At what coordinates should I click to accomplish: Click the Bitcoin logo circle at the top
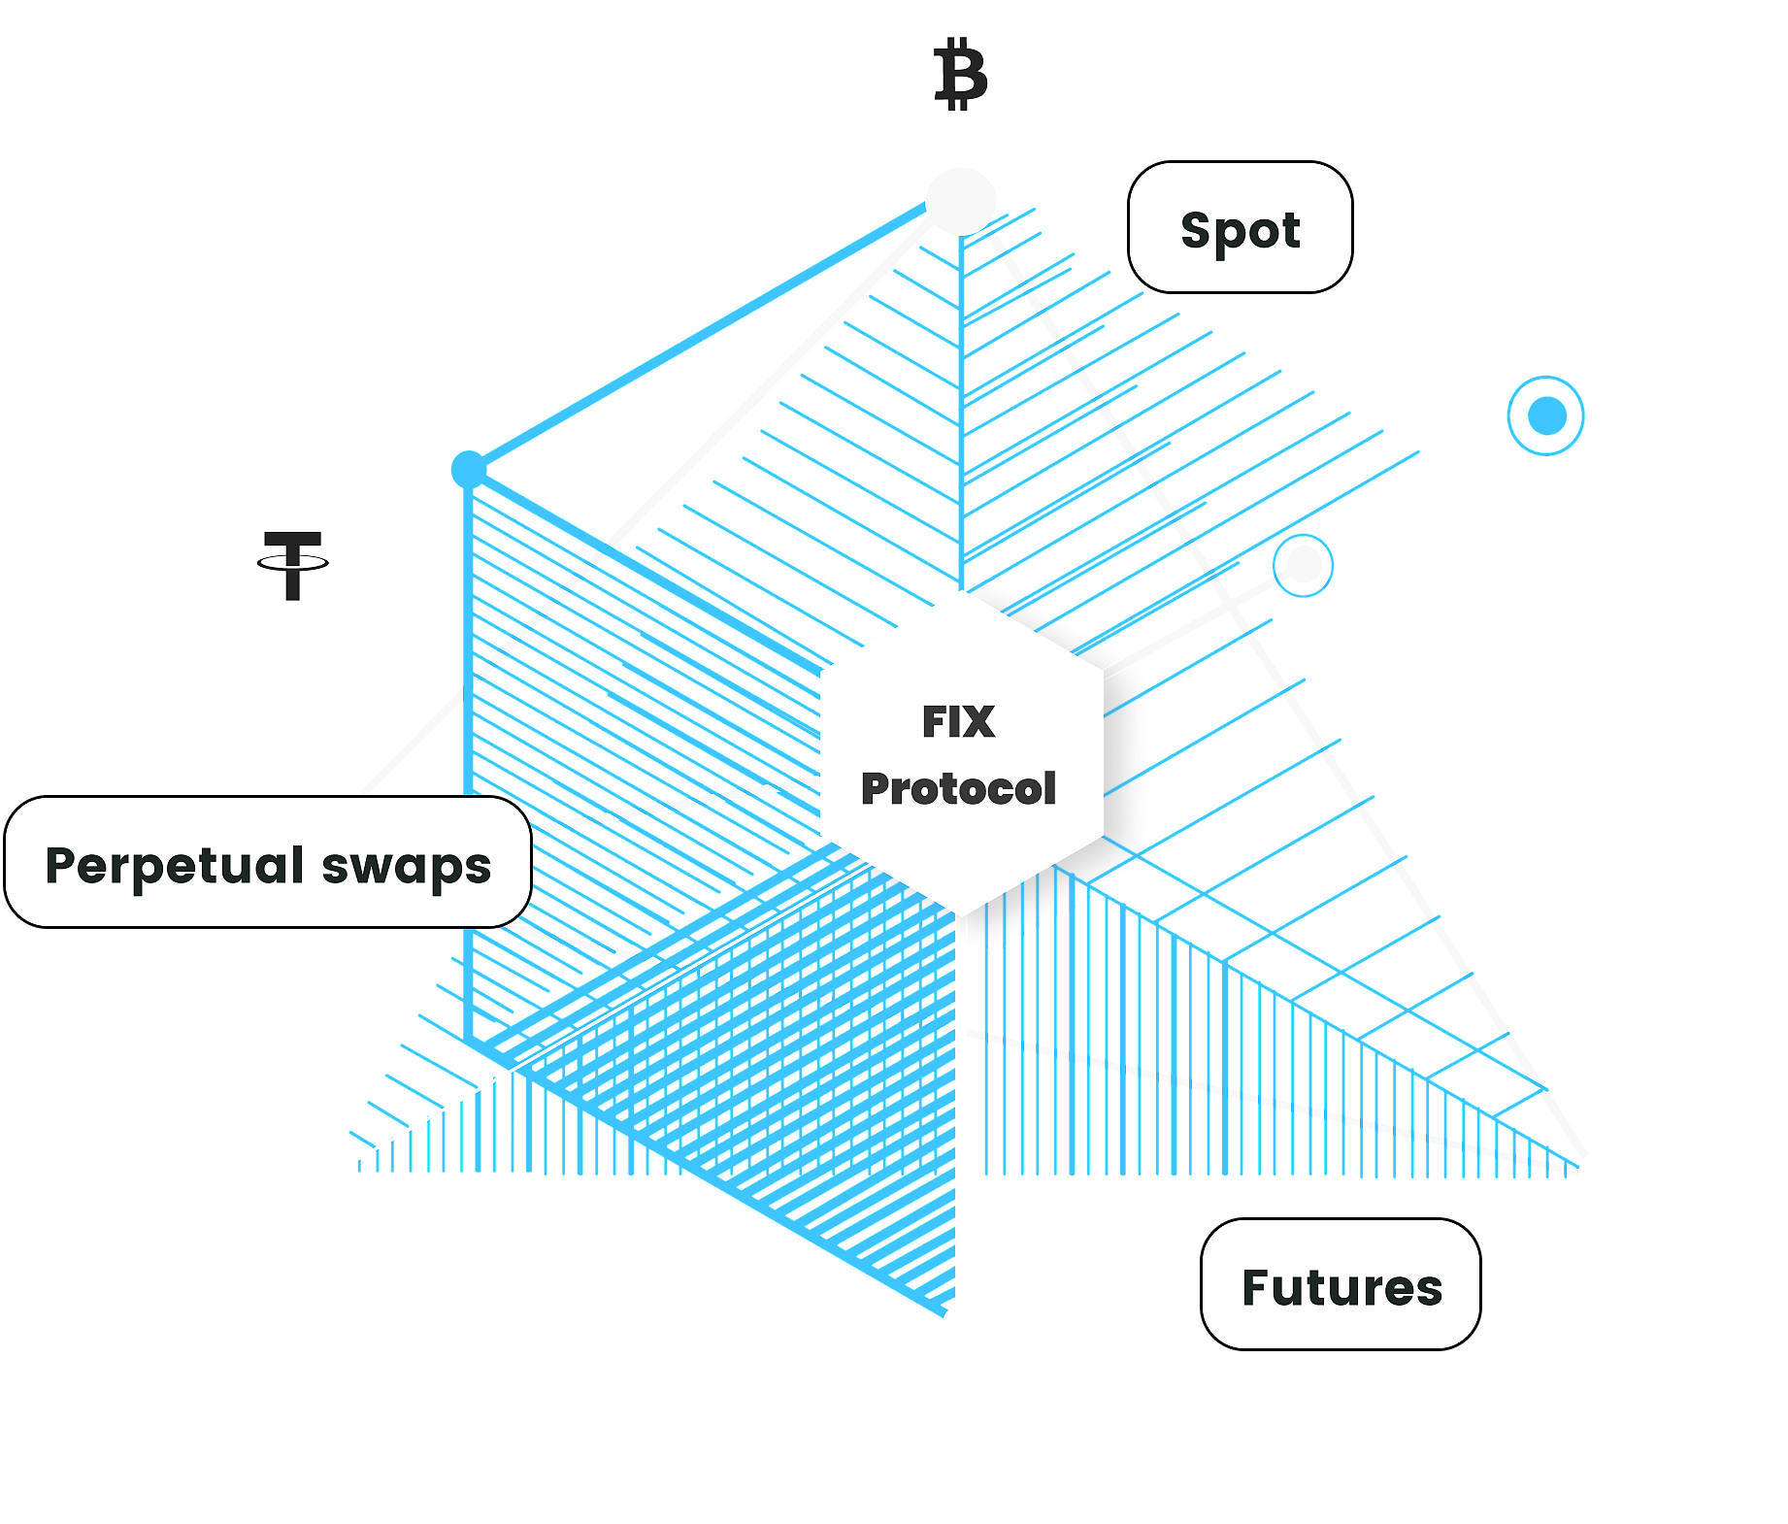coord(959,74)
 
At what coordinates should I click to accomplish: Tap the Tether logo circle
coord(293,562)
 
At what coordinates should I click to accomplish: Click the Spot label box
coord(1240,228)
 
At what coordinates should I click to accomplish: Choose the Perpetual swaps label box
coord(268,863)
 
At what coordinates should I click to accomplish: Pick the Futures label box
coord(1341,1284)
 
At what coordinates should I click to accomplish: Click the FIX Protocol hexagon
coord(959,754)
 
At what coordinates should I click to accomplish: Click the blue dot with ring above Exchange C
coord(1546,416)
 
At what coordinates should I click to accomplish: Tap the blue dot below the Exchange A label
coord(469,471)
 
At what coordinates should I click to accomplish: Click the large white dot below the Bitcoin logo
coord(960,201)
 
